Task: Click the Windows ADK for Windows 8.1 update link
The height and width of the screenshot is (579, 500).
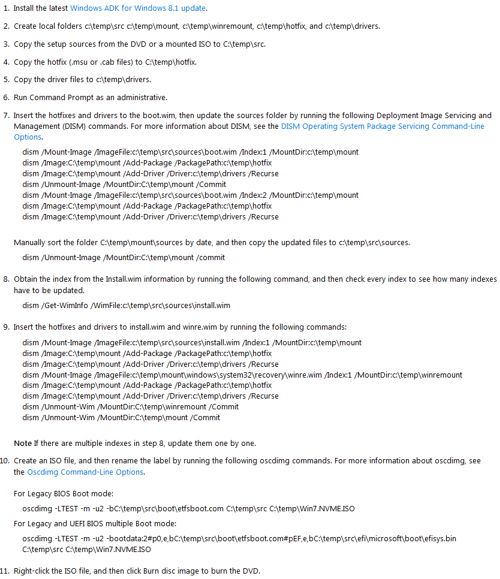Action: coord(138,8)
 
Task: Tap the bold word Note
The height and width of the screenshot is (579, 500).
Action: coord(23,444)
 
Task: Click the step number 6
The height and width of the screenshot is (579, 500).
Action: coord(6,97)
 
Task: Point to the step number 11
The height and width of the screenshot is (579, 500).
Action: coord(5,571)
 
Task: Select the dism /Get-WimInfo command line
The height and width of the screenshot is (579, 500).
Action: coord(126,305)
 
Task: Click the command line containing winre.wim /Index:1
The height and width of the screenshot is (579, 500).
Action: coord(242,375)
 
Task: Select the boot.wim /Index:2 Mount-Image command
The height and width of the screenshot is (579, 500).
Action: coord(190,195)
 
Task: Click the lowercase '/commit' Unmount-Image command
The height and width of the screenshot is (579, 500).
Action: coord(124,257)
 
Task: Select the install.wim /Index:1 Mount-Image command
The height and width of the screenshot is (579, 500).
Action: coord(192,342)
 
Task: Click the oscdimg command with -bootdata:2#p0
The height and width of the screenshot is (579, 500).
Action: coord(239,538)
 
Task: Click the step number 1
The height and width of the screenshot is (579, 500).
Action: coord(6,8)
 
